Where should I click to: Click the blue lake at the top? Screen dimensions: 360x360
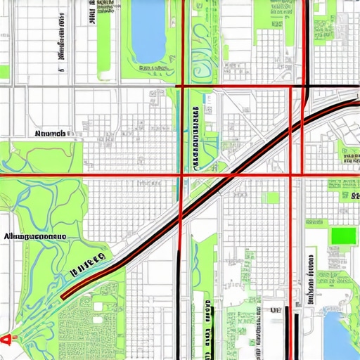coord(147,32)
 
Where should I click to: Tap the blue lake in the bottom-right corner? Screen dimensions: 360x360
coord(341,335)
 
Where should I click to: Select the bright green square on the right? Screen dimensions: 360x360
coord(344,236)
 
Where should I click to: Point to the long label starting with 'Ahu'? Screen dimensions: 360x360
coord(35,237)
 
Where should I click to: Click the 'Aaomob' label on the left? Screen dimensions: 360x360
coord(49,132)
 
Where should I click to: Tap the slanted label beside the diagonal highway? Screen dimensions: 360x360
coord(88,264)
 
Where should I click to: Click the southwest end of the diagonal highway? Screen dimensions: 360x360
coord(63,297)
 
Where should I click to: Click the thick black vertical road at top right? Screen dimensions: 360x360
coord(307,42)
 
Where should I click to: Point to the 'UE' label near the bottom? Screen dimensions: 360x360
coord(276,309)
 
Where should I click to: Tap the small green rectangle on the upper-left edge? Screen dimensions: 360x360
coord(4,71)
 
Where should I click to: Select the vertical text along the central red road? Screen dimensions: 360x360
coord(194,137)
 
